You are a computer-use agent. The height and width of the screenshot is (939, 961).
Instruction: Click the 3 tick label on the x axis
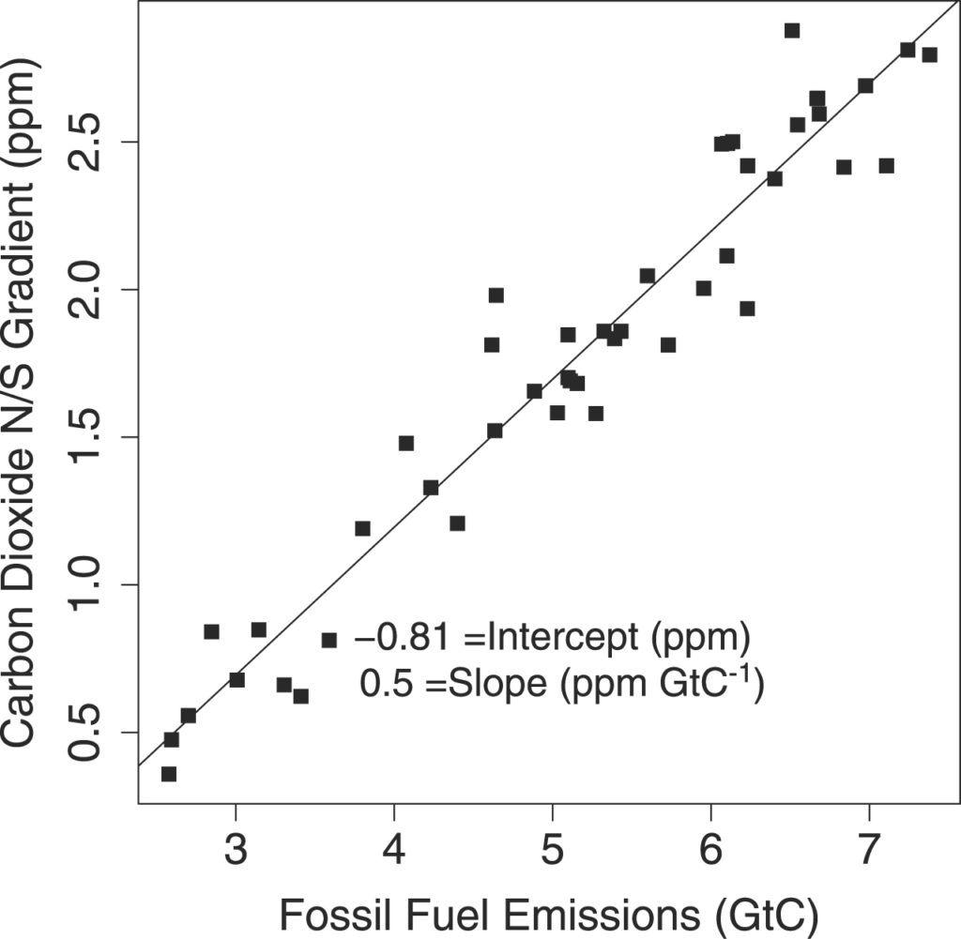[235, 851]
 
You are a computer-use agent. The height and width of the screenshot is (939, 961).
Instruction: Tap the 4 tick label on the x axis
[393, 851]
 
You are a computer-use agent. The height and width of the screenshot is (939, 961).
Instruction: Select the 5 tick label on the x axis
[552, 851]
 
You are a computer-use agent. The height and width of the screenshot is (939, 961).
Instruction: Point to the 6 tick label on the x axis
[710, 851]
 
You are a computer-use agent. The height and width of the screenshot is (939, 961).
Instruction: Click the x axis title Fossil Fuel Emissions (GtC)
[550, 911]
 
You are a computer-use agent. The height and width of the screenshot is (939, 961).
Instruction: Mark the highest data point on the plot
[792, 31]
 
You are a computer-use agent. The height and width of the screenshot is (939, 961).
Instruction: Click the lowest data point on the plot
[169, 774]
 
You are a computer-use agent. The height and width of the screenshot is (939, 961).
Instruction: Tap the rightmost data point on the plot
[929, 54]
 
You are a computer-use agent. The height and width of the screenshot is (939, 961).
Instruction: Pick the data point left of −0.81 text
[329, 640]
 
